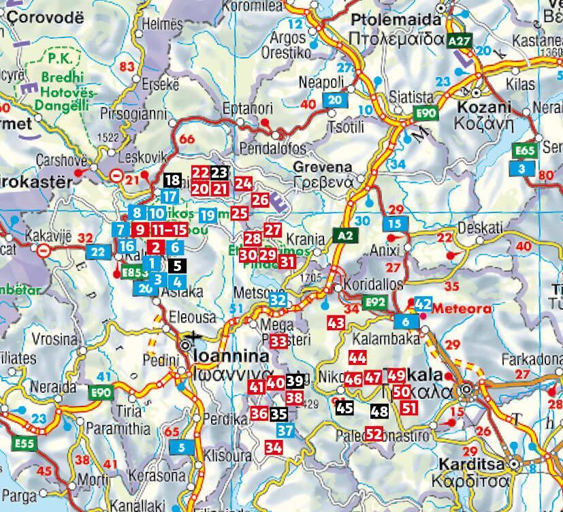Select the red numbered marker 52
click(373, 433)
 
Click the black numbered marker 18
click(172, 180)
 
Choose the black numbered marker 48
click(380, 411)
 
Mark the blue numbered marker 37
click(286, 430)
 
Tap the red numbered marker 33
click(278, 340)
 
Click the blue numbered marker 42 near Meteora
click(423, 304)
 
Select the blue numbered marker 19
click(208, 215)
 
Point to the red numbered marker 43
click(336, 323)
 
